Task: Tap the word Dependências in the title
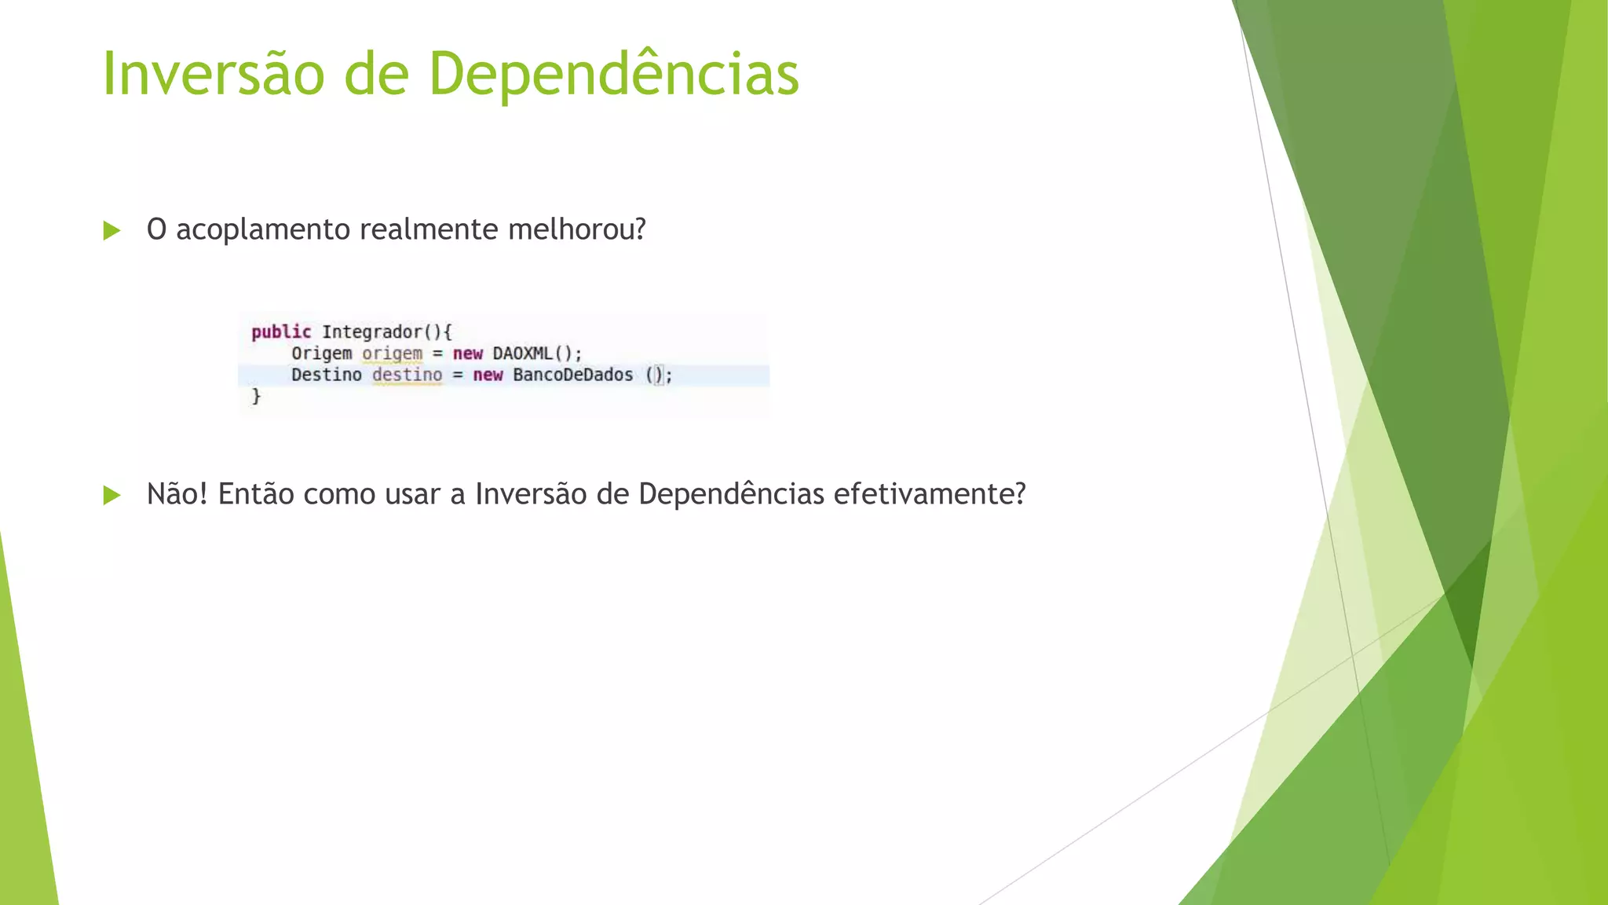pos(613,74)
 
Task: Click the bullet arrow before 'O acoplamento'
pos(111,231)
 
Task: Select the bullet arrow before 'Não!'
pos(111,495)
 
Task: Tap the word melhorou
pos(576,229)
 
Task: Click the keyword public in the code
pos(281,332)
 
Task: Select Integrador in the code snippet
pos(372,332)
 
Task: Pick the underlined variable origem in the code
pos(392,354)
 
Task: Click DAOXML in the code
pos(523,354)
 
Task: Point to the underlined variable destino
pos(407,375)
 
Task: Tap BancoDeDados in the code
pos(572,375)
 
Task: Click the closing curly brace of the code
pos(256,396)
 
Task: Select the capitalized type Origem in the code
pos(321,354)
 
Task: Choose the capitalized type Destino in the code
pos(327,375)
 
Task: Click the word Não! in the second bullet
pos(177,494)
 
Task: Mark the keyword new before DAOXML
pos(467,354)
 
